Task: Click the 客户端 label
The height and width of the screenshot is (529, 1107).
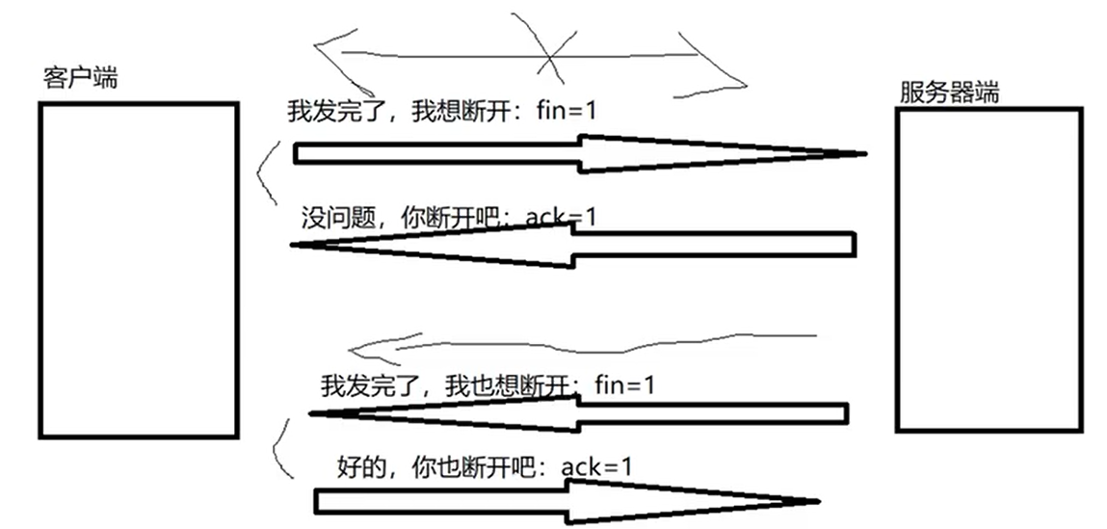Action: point(81,78)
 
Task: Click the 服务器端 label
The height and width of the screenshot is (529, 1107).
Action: point(949,93)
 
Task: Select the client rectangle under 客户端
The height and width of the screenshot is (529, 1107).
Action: point(138,270)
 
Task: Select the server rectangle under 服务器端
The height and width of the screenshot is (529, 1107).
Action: point(988,269)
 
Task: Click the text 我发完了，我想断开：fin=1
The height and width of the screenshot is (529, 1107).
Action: point(441,111)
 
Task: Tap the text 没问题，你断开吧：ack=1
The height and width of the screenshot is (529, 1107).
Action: point(448,217)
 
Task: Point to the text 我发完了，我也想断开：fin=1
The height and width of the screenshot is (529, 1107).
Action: point(488,386)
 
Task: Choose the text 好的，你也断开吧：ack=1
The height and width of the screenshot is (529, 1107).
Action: point(486,467)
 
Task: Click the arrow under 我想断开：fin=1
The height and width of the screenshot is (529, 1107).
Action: point(578,153)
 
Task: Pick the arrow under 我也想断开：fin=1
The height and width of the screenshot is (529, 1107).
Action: point(578,413)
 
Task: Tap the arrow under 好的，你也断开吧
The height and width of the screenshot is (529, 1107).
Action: point(567,501)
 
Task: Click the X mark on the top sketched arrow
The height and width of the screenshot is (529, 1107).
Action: point(550,59)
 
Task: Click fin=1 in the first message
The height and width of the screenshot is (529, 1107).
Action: point(567,111)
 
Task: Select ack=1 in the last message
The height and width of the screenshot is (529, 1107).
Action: point(597,467)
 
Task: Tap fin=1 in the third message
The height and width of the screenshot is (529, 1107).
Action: point(624,386)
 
